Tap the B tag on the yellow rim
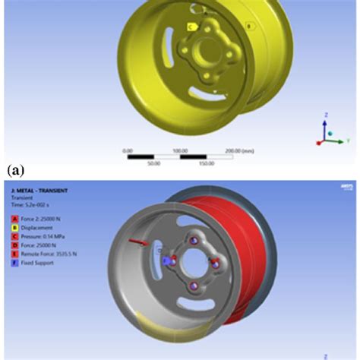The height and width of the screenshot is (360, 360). coord(248,26)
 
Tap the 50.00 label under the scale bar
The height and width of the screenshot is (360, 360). coord(153,163)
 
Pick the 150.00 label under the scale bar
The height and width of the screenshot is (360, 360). coord(207,163)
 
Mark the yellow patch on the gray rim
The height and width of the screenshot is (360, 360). coord(156,335)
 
